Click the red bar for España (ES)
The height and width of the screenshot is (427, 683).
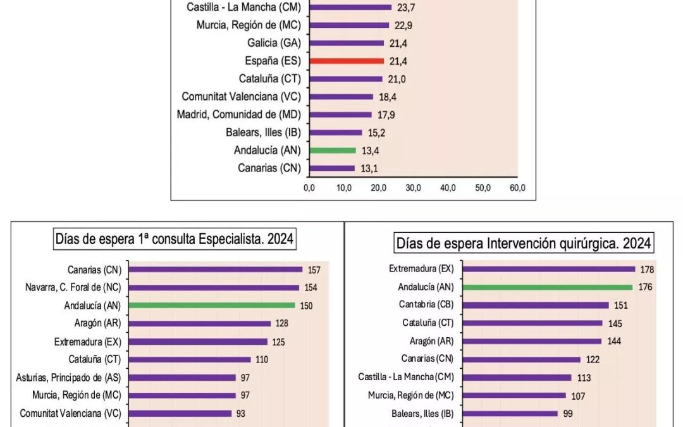tap(347, 61)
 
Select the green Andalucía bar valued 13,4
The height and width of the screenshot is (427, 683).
tap(333, 151)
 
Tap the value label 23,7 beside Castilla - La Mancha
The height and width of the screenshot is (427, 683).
tap(407, 8)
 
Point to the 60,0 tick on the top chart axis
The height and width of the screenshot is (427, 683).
tap(517, 188)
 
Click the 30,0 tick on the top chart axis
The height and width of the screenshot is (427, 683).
tap(414, 188)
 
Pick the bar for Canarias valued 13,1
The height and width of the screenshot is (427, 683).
tap(332, 168)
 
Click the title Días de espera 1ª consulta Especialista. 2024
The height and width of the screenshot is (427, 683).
tap(175, 240)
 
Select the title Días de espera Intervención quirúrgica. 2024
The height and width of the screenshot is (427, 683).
tap(523, 243)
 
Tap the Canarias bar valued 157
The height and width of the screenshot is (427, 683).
tap(216, 269)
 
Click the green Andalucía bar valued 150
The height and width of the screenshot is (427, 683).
tap(212, 305)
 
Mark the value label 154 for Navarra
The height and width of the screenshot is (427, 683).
tap(310, 288)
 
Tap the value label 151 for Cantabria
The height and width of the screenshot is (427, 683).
tap(621, 305)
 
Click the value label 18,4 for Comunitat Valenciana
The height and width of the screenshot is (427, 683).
tap(388, 97)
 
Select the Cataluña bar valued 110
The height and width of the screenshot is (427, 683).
tap(190, 359)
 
